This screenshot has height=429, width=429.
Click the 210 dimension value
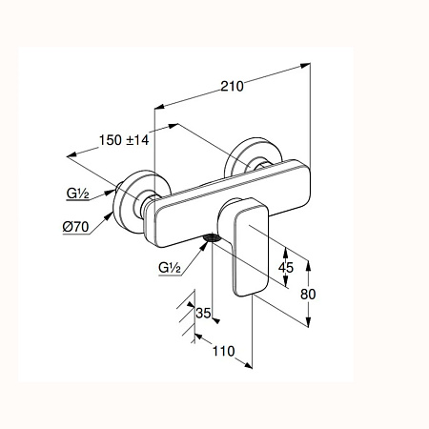[x=233, y=86]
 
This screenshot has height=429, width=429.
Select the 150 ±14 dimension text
[x=124, y=140]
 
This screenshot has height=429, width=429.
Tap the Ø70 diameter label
[x=75, y=227]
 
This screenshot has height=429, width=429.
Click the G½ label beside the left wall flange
[x=77, y=194]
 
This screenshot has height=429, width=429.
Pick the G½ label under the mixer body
[x=170, y=268]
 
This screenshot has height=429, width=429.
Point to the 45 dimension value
[x=286, y=268]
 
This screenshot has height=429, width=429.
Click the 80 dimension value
[x=308, y=295]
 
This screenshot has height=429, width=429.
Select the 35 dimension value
[x=203, y=313]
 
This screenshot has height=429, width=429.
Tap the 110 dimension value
[x=224, y=351]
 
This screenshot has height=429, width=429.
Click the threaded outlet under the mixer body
[x=212, y=238]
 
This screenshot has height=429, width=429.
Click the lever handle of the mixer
[x=249, y=246]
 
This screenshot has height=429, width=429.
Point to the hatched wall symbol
[x=187, y=317]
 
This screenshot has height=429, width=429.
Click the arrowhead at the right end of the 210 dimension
[x=305, y=66]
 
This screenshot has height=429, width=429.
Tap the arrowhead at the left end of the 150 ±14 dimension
[x=71, y=154]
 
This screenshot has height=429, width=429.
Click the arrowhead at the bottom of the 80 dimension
[x=308, y=322]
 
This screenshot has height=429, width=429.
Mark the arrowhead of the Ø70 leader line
[x=109, y=216]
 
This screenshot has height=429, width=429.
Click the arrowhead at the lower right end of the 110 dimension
[x=248, y=366]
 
